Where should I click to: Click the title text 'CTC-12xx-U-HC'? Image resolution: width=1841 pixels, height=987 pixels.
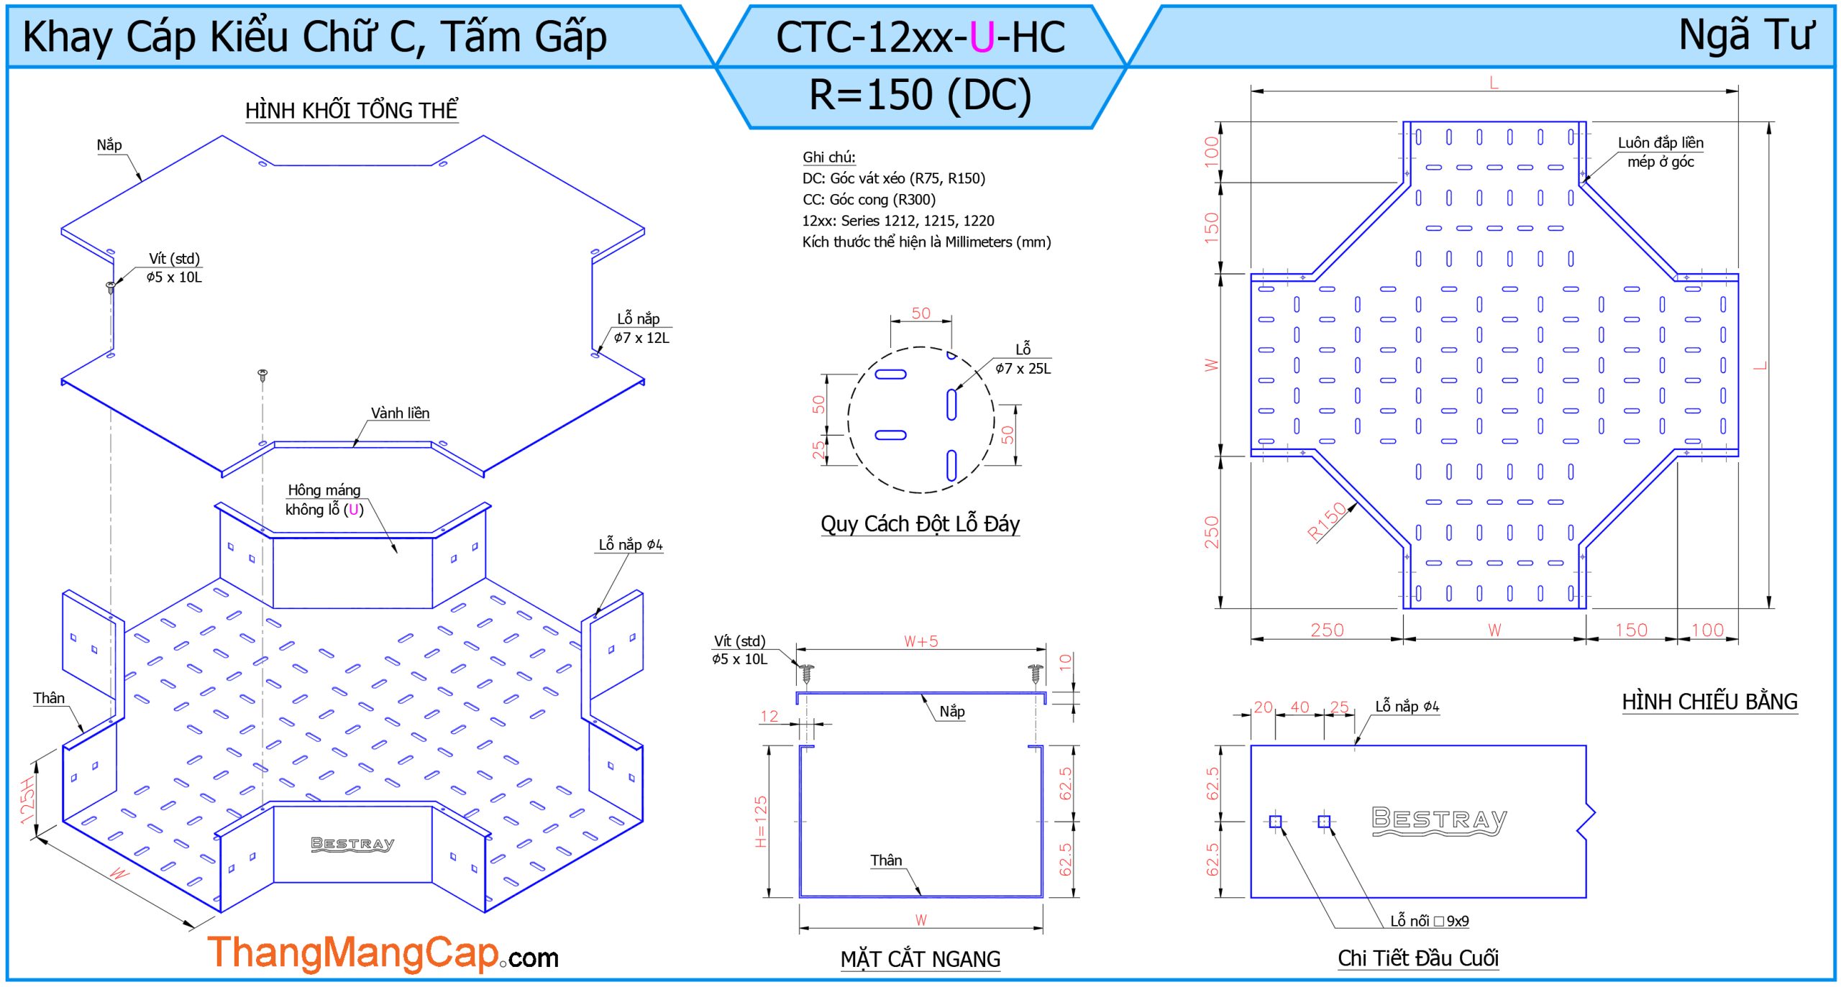tap(920, 37)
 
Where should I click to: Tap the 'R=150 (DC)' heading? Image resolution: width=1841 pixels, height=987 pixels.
tap(920, 95)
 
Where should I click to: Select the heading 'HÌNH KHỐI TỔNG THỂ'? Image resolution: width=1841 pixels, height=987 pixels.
tap(352, 110)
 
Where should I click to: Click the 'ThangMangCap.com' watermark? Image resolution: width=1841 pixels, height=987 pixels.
tap(383, 953)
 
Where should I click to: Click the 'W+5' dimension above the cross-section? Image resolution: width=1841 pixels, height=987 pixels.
tap(920, 641)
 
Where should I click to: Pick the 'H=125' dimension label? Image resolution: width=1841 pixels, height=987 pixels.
tap(761, 822)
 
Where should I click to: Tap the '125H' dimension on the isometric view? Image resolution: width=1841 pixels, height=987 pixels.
tap(27, 800)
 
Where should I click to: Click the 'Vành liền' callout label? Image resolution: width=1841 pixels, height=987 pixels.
tap(400, 413)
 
